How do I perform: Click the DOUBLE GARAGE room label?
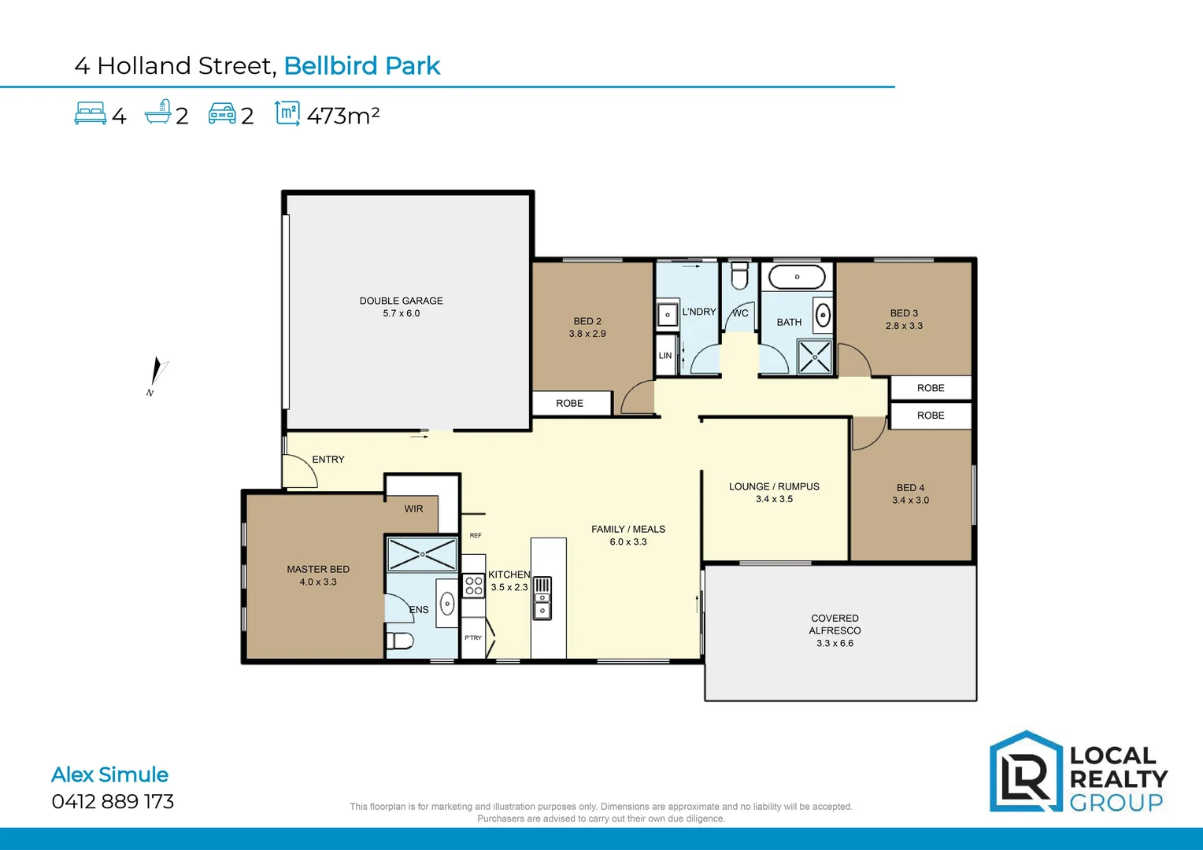pos(401,301)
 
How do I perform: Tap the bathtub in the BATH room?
pos(797,277)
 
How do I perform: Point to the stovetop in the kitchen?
pos(473,586)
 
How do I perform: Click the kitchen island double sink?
pos(542,598)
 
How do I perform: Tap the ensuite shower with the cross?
pos(422,554)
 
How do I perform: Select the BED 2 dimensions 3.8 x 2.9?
pos(587,334)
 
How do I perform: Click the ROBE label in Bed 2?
pos(569,403)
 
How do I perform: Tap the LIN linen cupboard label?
pos(665,356)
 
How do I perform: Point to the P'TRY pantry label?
pos(472,637)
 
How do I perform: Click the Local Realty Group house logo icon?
pos(1026,772)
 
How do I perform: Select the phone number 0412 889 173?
pos(113,801)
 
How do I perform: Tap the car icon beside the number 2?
pos(222,114)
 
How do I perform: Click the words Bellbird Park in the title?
pos(361,65)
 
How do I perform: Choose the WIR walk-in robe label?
pos(413,509)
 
